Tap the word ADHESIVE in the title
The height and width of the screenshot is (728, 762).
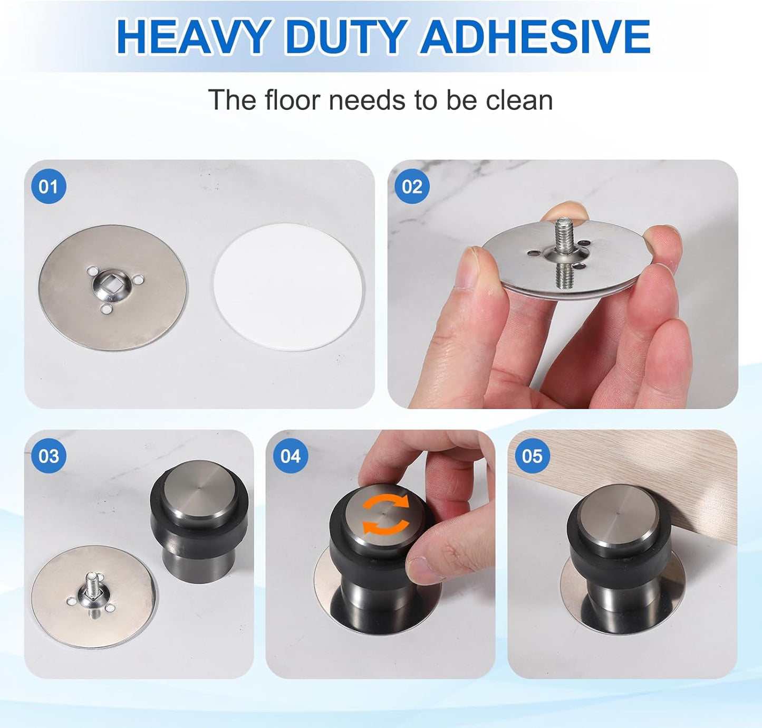click(x=535, y=37)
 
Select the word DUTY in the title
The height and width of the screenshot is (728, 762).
click(x=345, y=37)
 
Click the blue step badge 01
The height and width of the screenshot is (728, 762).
click(x=49, y=186)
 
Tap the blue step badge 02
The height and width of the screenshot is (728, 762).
click(x=412, y=186)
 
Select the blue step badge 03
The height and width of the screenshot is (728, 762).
click(x=49, y=456)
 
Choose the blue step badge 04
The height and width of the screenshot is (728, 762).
click(x=290, y=456)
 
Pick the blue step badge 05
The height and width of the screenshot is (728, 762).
click(x=532, y=456)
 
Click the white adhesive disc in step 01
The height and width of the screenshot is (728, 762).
click(x=288, y=287)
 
